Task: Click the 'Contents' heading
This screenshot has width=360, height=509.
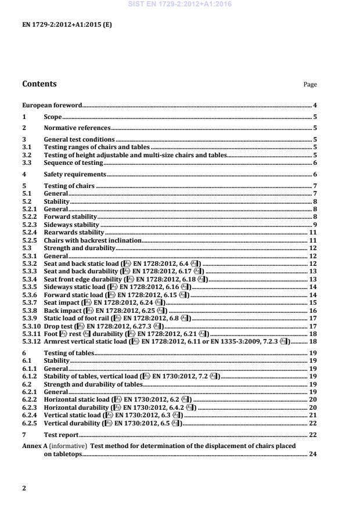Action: coord(39,84)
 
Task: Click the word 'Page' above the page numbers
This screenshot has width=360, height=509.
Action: coord(310,85)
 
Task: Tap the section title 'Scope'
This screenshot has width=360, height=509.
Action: coord(53,117)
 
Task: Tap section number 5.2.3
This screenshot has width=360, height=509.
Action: coord(29,224)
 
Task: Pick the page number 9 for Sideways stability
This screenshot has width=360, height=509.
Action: coord(314,224)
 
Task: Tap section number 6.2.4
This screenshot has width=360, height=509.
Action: coord(29,415)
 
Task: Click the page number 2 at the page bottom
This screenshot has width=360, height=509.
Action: coord(24,488)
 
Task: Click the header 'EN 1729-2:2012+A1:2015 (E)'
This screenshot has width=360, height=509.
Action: coord(59,26)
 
